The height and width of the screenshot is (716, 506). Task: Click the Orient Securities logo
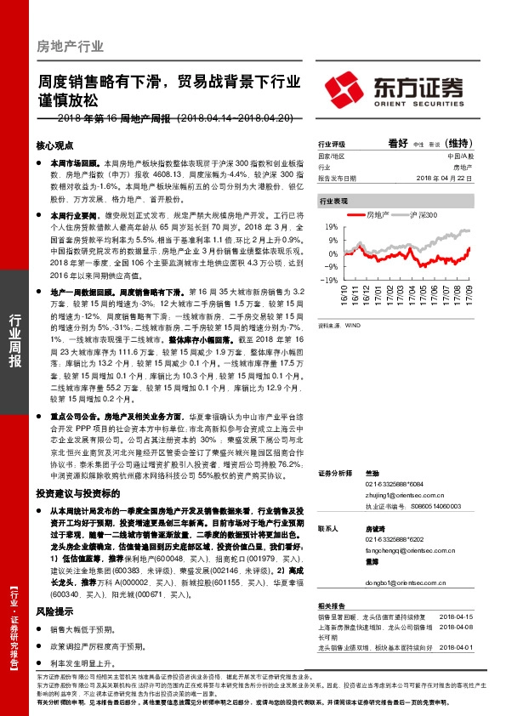tap(395, 88)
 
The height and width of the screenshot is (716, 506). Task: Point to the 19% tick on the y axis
tap(331, 228)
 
